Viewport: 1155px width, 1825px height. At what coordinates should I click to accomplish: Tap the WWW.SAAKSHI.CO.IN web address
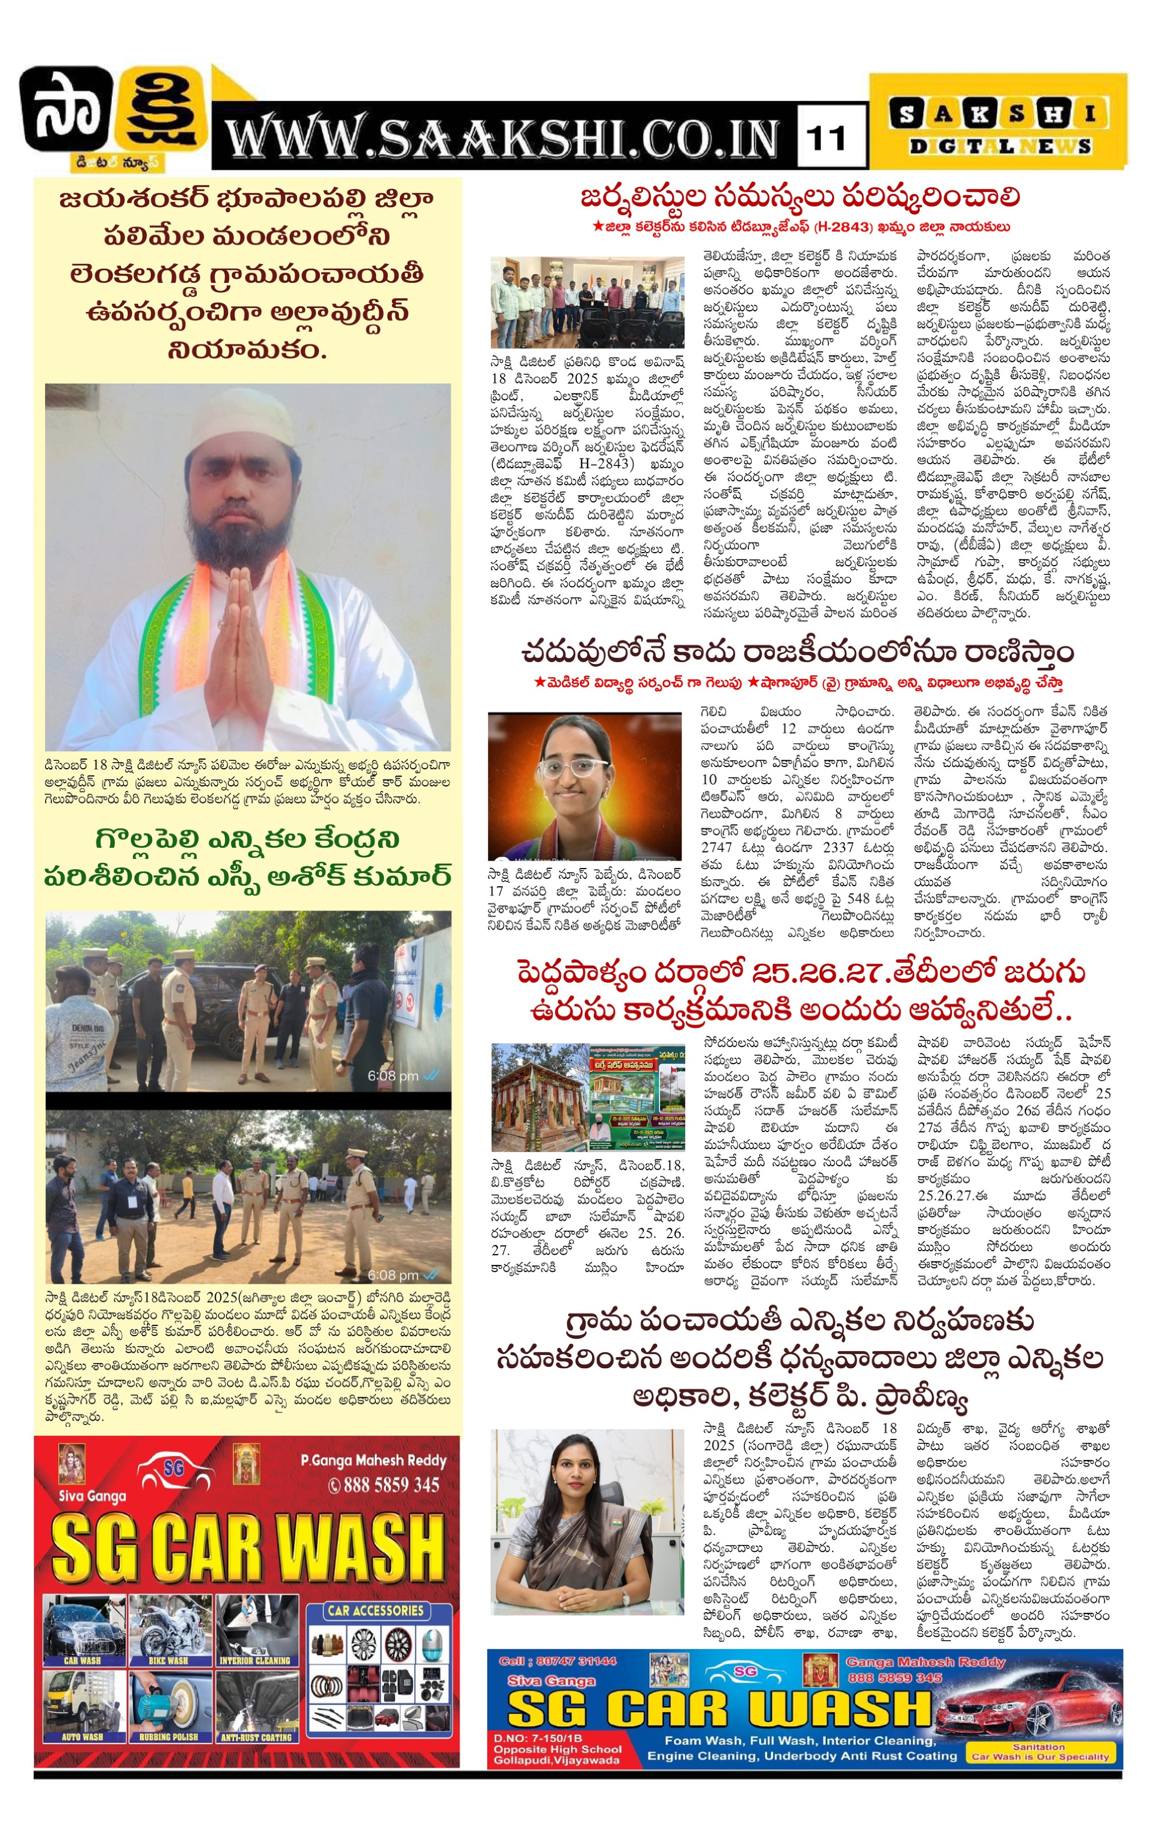503,139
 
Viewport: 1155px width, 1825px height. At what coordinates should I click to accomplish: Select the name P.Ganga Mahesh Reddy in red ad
373,1461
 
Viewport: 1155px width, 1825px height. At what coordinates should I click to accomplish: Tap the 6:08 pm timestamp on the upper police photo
394,1076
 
